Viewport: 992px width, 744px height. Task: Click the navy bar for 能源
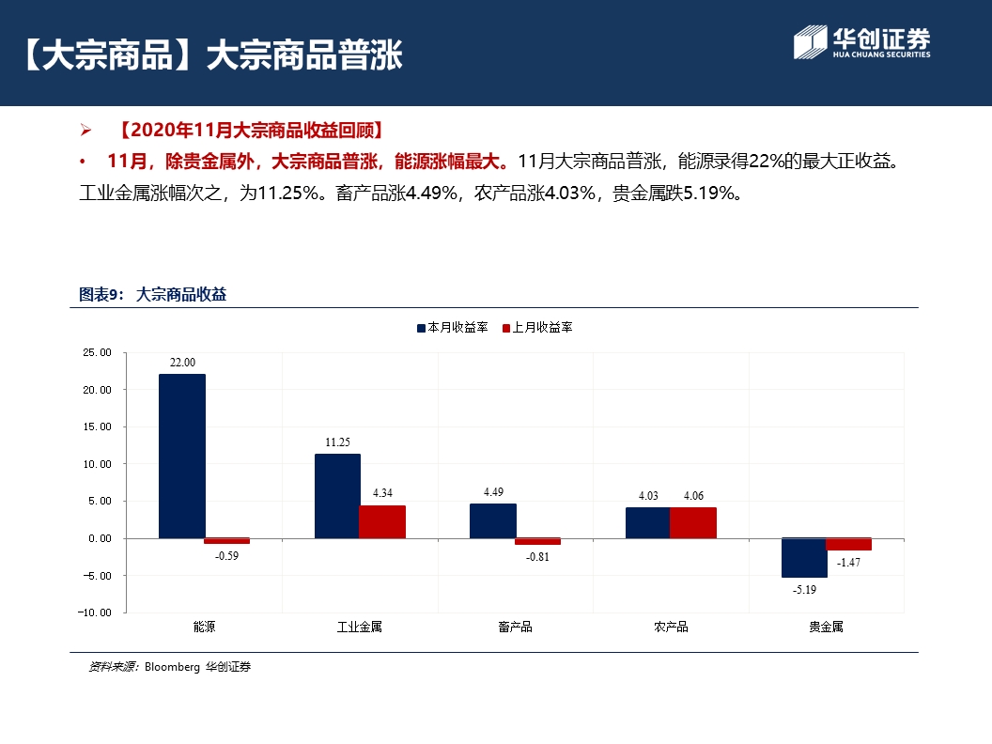pyautogui.click(x=181, y=456)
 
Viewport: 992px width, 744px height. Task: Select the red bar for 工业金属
pyautogui.click(x=382, y=521)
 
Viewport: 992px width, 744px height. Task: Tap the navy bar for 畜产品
pyautogui.click(x=492, y=520)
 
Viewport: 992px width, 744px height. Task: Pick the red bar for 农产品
pyautogui.click(x=693, y=522)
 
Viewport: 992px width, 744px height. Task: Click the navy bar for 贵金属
pyautogui.click(x=804, y=557)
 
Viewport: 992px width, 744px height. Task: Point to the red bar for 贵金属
pyautogui.click(x=848, y=544)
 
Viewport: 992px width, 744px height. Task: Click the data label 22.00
pyautogui.click(x=182, y=363)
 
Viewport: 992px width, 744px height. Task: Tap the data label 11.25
pyautogui.click(x=337, y=442)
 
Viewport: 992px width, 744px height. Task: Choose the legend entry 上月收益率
pyautogui.click(x=541, y=328)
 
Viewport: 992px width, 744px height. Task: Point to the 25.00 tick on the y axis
pyautogui.click(x=97, y=352)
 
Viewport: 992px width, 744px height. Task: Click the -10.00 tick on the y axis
pyautogui.click(x=95, y=612)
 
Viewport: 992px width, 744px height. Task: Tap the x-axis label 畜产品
pyautogui.click(x=515, y=627)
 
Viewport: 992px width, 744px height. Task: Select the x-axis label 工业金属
pyautogui.click(x=360, y=627)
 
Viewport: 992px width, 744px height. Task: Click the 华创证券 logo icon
pyautogui.click(x=809, y=42)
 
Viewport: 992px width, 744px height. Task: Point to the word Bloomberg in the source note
pyautogui.click(x=172, y=667)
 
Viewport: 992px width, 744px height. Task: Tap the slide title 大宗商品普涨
pyautogui.click(x=303, y=54)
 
